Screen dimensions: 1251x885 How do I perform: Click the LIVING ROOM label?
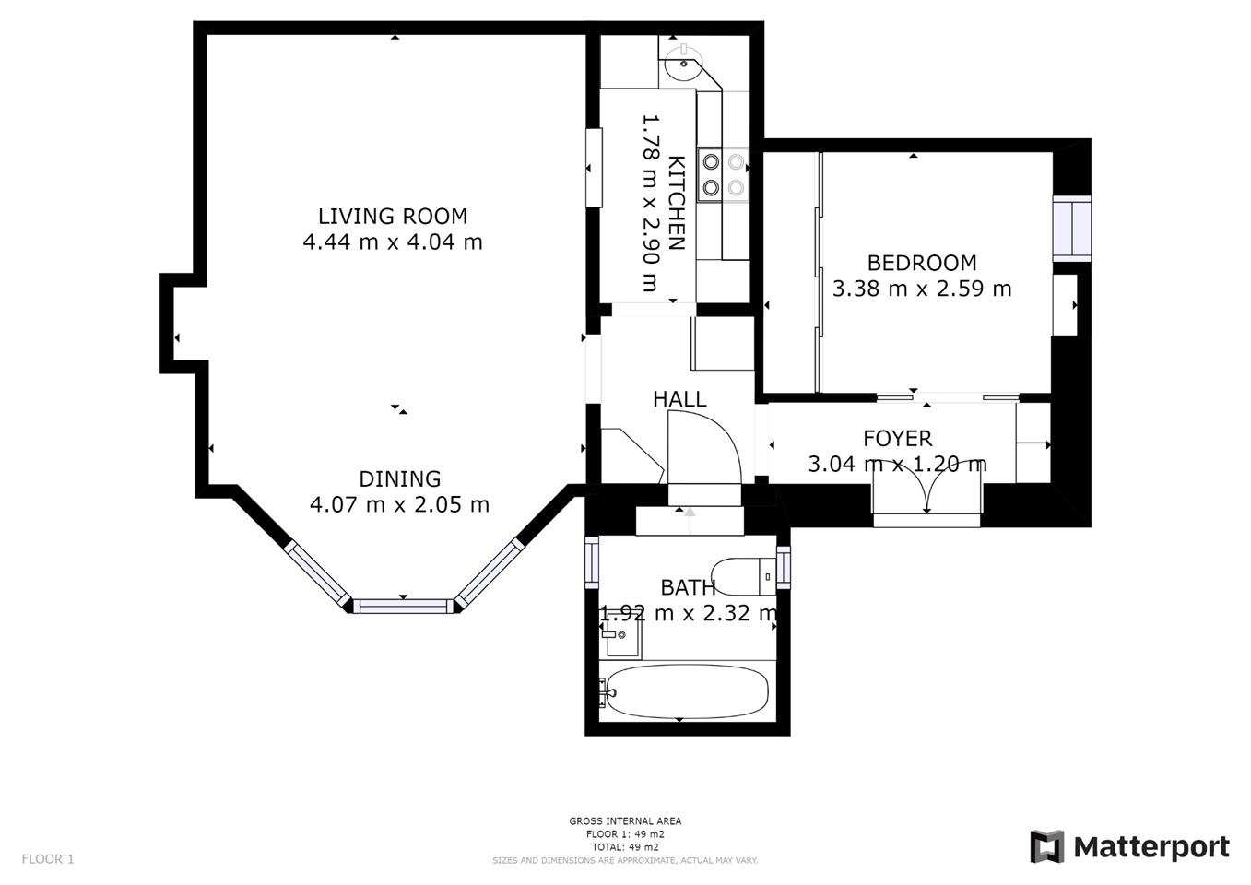pos(393,216)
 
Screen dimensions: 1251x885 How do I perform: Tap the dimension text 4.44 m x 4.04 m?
pos(393,242)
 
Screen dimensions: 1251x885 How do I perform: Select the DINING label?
pos(400,479)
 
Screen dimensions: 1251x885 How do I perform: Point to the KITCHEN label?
pos(677,203)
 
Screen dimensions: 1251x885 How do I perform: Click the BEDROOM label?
pos(922,263)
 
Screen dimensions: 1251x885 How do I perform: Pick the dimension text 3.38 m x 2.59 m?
pos(922,289)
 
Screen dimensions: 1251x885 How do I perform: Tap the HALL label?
pos(679,399)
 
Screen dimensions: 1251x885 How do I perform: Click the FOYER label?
pos(898,438)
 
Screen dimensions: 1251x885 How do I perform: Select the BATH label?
pos(688,587)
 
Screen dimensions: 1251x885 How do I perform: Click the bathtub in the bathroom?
pos(687,691)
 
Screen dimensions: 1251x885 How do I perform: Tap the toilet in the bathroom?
pos(743,576)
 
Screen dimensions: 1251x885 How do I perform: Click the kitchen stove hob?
pos(724,174)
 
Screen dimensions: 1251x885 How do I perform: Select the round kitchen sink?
pos(682,63)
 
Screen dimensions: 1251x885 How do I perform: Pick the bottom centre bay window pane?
pos(403,607)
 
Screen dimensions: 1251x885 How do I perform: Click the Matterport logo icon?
pos(1047,846)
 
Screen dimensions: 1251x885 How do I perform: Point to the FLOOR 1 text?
pos(48,859)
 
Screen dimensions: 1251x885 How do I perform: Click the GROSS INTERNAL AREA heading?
pos(625,820)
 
